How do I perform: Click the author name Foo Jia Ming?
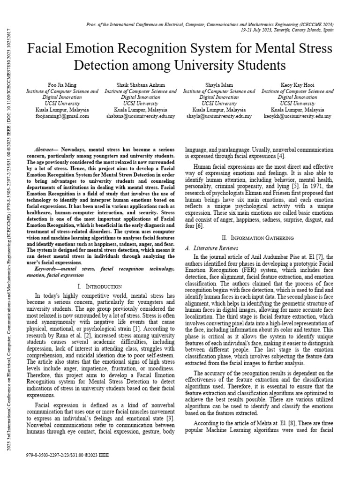tap(62, 85)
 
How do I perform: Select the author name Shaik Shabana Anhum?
tap(140, 85)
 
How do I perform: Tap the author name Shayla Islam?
tap(219, 85)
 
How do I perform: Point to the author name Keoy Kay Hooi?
tap(297, 85)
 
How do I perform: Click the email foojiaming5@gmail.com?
tap(62, 116)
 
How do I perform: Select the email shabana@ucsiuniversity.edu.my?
tap(140, 116)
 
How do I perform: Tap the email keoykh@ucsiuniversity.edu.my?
tap(297, 116)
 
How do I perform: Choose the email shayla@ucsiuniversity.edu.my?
tap(219, 116)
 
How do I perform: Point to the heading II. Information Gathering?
tap(259, 238)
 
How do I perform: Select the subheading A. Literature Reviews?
tap(212, 248)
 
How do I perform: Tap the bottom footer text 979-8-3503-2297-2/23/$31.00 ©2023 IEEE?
tap(69, 455)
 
